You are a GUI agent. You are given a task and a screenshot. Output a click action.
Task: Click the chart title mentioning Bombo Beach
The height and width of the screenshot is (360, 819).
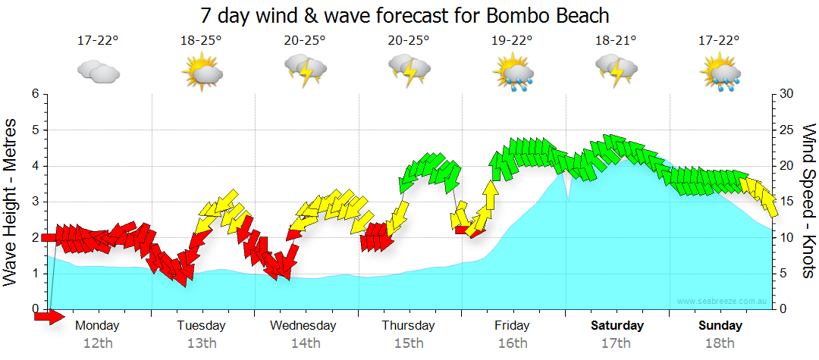tap(406, 14)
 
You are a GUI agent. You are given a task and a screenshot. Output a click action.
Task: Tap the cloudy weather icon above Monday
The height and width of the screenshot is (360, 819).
tap(99, 72)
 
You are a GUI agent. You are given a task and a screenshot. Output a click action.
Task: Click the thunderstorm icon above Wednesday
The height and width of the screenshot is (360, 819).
tap(305, 72)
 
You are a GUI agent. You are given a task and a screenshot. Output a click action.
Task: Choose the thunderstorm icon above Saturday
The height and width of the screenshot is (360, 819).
tap(617, 72)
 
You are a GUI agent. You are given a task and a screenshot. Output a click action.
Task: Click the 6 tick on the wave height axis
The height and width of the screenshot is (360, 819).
tap(35, 94)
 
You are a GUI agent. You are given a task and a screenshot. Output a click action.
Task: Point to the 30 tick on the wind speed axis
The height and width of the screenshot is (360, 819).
tap(786, 94)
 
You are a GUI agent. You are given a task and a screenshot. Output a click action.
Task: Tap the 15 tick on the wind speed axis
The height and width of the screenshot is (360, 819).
tap(786, 202)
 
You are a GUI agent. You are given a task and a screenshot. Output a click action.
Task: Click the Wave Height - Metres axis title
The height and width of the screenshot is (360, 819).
tap(11, 202)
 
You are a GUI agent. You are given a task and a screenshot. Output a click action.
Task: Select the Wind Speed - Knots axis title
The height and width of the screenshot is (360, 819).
tap(808, 202)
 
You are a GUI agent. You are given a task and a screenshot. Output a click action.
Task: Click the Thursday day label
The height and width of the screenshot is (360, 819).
tap(408, 326)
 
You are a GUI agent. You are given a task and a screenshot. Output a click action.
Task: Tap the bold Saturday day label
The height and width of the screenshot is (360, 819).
tap(617, 326)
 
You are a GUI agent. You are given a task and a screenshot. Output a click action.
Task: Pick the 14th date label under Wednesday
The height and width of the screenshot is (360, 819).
tap(305, 343)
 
